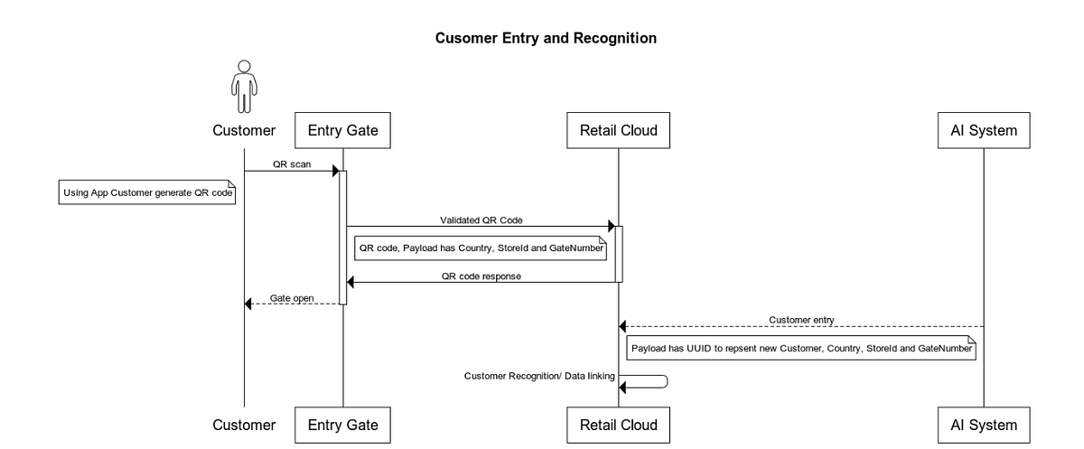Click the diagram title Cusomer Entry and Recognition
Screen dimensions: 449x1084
(x=546, y=38)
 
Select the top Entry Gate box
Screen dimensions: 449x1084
(x=342, y=131)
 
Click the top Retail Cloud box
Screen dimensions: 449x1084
(x=618, y=131)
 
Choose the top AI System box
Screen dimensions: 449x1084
(x=984, y=131)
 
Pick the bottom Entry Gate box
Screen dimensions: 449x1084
(x=342, y=425)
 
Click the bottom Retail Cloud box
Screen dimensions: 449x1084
(x=618, y=425)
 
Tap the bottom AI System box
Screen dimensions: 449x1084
(x=984, y=425)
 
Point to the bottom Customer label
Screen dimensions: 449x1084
(x=244, y=425)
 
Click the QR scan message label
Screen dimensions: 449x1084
(x=292, y=164)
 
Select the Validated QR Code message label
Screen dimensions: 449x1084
(x=481, y=220)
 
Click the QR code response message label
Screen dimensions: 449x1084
(x=481, y=276)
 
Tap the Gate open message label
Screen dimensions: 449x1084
(x=292, y=297)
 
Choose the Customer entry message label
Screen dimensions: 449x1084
(x=801, y=319)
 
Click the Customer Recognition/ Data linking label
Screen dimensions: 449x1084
(x=539, y=375)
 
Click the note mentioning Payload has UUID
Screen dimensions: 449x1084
(x=802, y=348)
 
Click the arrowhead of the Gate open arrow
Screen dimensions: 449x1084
(x=249, y=304)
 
